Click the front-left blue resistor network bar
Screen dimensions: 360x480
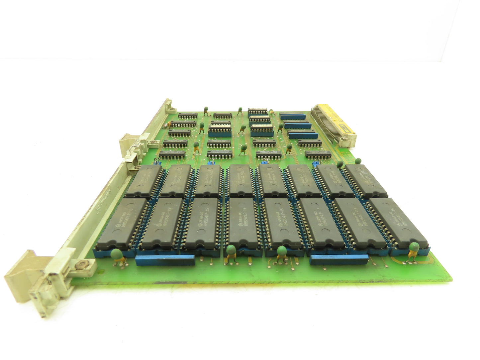[165, 260]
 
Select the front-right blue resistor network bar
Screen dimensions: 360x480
[338, 259]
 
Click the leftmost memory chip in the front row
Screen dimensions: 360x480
[122, 223]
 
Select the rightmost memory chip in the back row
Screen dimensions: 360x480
[365, 181]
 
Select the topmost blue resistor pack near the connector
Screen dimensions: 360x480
[292, 116]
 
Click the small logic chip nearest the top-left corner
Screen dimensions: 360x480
[188, 116]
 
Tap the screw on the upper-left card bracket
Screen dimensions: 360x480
[153, 143]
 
